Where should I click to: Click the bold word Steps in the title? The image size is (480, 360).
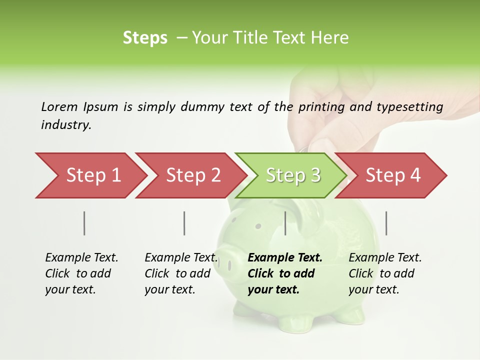pyautogui.click(x=145, y=38)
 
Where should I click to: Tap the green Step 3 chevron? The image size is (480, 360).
pyautogui.click(x=293, y=175)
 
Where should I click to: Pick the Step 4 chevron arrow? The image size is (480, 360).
pyautogui.click(x=393, y=175)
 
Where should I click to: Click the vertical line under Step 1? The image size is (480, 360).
pyautogui.click(x=84, y=223)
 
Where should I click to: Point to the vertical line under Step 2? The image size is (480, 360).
pyautogui.click(x=184, y=223)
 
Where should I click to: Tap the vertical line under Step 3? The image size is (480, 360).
pyautogui.click(x=285, y=223)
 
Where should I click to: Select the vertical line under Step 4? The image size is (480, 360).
pyautogui.click(x=386, y=223)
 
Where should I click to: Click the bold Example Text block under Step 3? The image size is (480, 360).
pyautogui.click(x=285, y=273)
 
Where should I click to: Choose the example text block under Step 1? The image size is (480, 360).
pyautogui.click(x=81, y=273)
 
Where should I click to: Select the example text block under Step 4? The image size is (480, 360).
pyautogui.click(x=385, y=273)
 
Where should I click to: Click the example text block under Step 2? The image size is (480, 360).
pyautogui.click(x=181, y=273)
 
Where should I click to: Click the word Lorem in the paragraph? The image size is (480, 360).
pyautogui.click(x=59, y=106)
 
